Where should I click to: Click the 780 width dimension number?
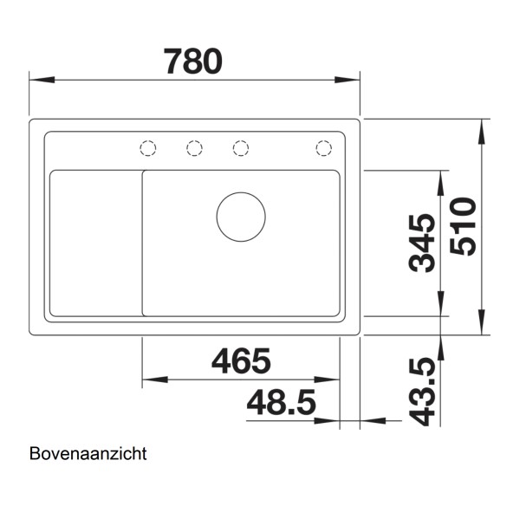(193, 60)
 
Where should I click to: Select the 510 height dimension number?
(465, 226)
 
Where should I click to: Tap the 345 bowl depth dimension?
(423, 243)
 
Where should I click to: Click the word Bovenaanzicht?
(88, 453)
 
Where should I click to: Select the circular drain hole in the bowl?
(240, 217)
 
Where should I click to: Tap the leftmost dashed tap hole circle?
(148, 148)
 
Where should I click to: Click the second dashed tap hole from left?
(194, 148)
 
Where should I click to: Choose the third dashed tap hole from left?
(241, 148)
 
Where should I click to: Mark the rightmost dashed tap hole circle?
(323, 148)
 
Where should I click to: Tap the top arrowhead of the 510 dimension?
(481, 125)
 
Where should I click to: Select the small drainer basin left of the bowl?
(95, 243)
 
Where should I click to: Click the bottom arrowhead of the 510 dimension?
(481, 328)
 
